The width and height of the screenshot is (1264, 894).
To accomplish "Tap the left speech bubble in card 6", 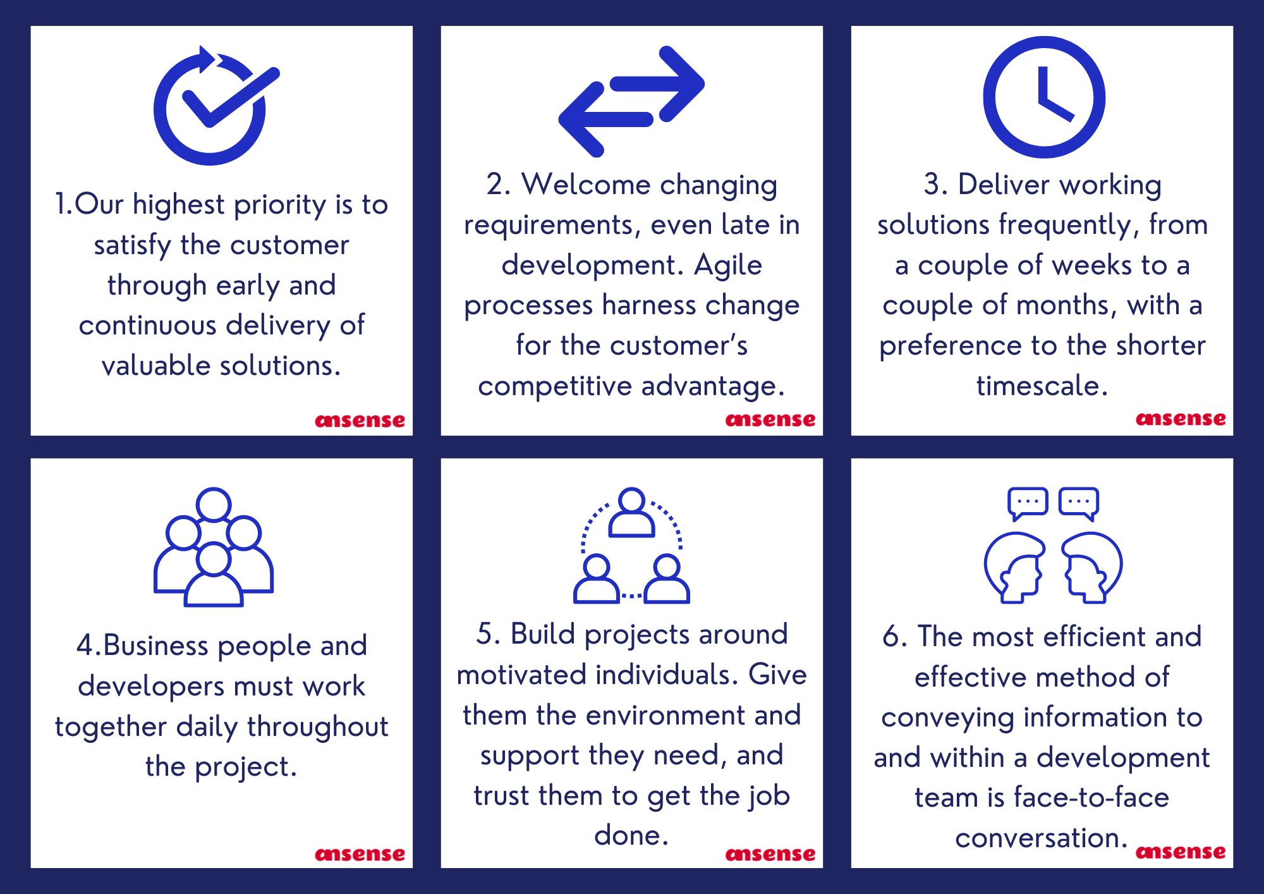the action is coord(1028,503).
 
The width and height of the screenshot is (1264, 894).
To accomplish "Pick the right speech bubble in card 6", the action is coord(1079,503).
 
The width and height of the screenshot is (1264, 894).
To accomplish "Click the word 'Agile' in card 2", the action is coord(728,266).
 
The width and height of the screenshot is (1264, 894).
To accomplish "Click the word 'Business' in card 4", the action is coord(155,646).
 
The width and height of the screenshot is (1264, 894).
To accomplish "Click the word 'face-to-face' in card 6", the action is coord(1091,797).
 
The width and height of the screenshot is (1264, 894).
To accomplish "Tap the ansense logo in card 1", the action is coord(360,420).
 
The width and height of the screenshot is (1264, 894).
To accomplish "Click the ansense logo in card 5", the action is coord(770,854).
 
